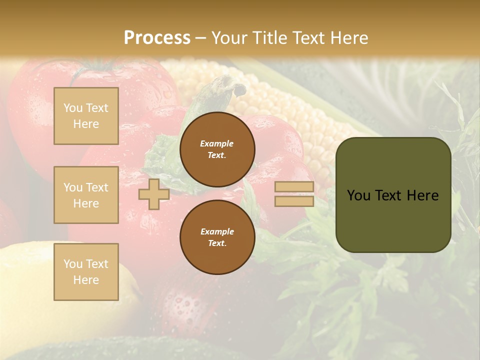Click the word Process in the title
point(157,38)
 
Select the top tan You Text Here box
point(86,116)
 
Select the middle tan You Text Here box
point(86,195)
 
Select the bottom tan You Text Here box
point(86,271)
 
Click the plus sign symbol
point(154,194)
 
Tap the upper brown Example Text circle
point(217,149)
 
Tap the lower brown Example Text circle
point(217,237)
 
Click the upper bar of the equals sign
point(294,187)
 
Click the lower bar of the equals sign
point(294,201)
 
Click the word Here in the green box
point(423,195)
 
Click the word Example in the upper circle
point(217,143)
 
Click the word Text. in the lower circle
point(217,243)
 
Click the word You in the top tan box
point(73,108)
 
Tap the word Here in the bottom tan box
point(86,280)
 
